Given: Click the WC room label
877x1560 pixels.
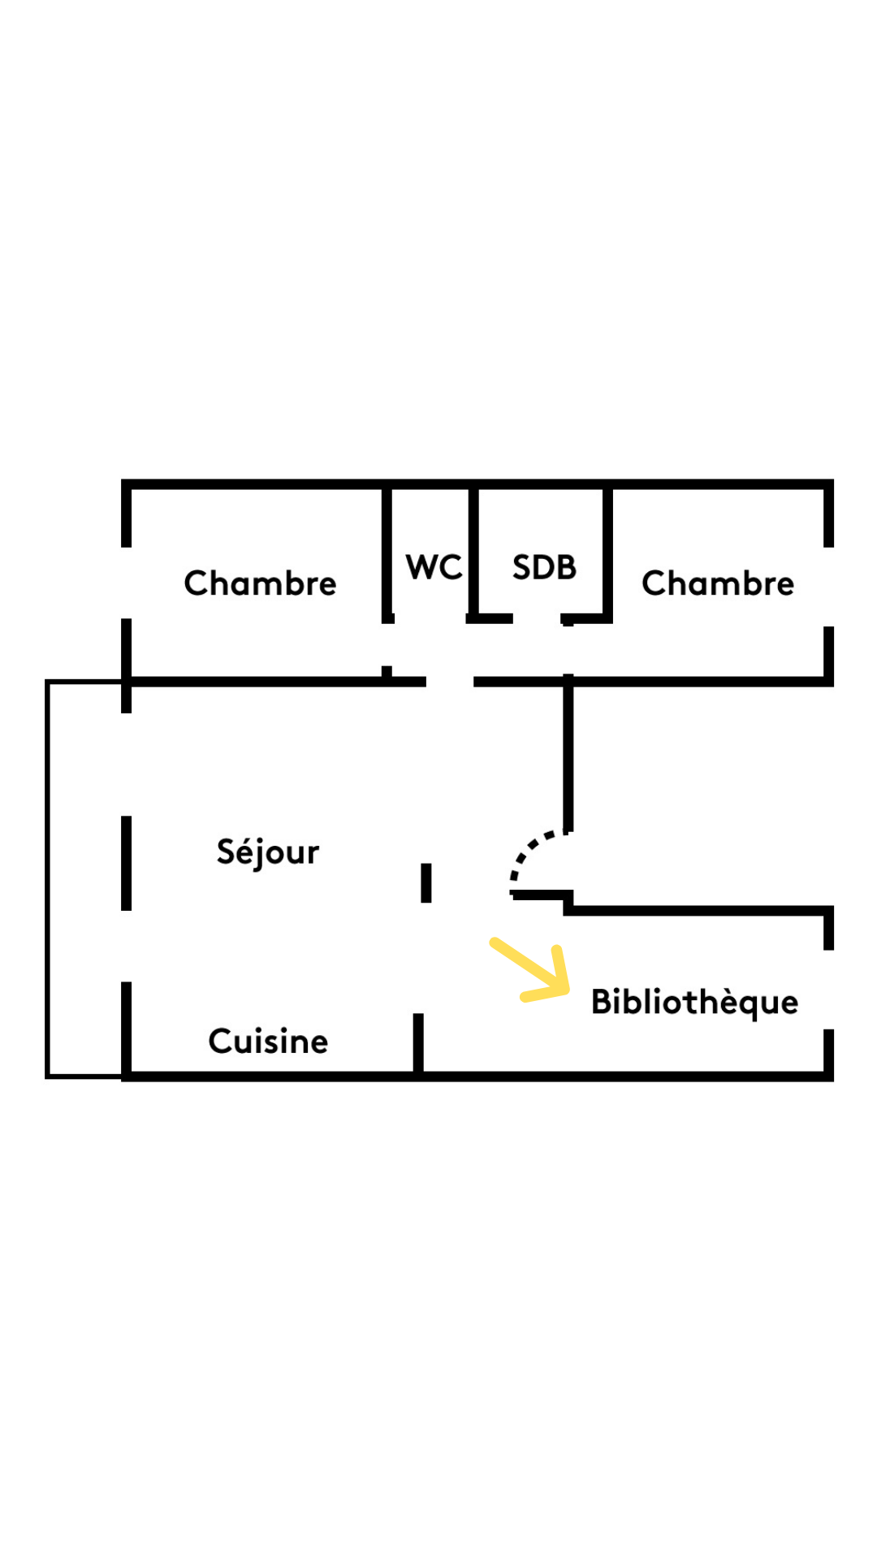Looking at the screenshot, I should tap(434, 567).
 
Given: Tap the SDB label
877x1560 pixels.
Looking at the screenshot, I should tap(544, 567).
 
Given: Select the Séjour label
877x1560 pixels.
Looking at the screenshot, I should tap(268, 852).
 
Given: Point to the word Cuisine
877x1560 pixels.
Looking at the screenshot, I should tap(268, 1042).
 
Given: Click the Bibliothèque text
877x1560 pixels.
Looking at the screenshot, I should tap(694, 1003).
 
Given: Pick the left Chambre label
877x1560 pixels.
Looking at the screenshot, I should tap(260, 583).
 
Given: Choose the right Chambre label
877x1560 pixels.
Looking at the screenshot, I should tap(718, 583).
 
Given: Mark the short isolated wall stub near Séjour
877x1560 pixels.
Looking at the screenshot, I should tap(426, 882).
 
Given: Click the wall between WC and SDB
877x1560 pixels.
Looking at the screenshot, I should tap(473, 552).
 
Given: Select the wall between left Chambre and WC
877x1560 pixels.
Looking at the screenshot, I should tap(387, 552).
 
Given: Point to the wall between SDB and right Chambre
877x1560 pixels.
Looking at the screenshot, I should tap(607, 552).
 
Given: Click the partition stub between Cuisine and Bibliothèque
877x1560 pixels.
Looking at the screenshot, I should tap(418, 1043).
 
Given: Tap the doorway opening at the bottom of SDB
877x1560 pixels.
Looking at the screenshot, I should tap(537, 620).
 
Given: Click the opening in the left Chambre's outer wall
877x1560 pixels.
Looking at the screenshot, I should tap(126, 583).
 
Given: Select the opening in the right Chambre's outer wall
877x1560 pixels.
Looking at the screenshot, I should tap(828, 587).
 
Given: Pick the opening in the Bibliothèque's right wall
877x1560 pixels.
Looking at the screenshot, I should tap(828, 990).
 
